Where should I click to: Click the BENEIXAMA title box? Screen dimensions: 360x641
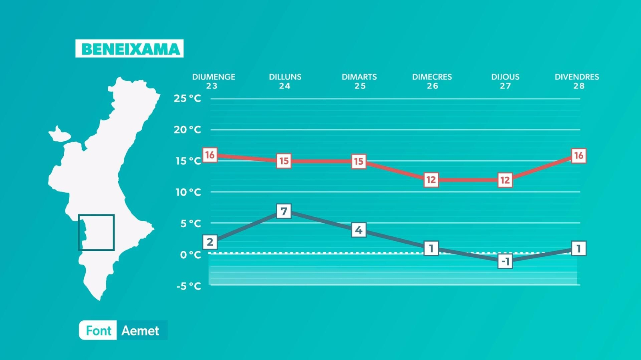[129, 48]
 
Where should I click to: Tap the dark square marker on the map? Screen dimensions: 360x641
[96, 232]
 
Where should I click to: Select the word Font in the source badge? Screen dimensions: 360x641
[98, 330]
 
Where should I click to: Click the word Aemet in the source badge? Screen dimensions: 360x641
[140, 330]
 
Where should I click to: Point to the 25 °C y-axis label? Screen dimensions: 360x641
[187, 98]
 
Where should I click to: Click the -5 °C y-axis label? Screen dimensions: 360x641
[188, 286]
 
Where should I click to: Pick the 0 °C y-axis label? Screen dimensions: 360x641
[190, 255]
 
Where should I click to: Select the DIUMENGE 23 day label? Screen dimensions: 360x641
[213, 81]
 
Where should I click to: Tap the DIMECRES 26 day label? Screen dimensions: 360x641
[432, 81]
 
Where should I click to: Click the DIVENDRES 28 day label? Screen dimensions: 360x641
[577, 81]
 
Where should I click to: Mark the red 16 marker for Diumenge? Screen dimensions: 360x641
[210, 155]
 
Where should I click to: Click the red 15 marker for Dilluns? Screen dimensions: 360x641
[284, 161]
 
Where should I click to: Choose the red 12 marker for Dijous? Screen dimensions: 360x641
[505, 180]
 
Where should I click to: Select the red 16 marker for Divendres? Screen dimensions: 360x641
[579, 156]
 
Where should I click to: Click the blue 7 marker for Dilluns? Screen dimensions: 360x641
[284, 211]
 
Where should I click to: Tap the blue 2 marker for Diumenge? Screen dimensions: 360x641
[210, 242]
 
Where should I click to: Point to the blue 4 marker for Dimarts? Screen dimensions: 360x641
[359, 230]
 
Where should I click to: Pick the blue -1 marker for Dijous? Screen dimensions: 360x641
[505, 261]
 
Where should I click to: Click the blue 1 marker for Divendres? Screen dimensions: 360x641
[579, 248]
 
